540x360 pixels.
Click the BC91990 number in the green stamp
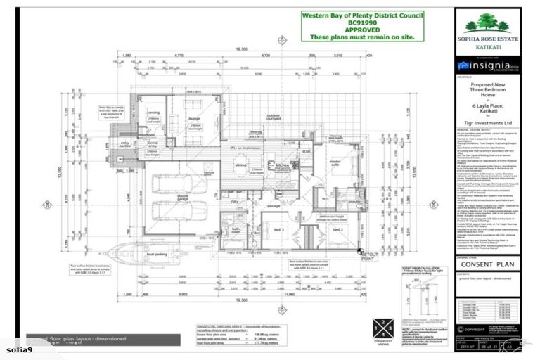click(x=357, y=22)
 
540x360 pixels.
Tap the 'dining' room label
click(x=241, y=165)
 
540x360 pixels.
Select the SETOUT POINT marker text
click(x=371, y=255)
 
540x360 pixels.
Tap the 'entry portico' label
click(x=126, y=143)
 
